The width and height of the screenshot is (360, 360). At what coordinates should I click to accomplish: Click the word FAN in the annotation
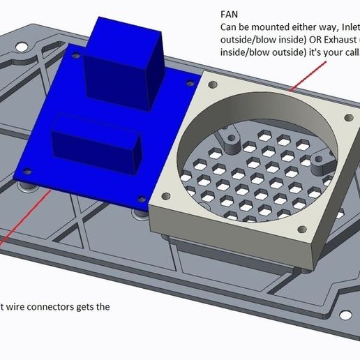[229, 13]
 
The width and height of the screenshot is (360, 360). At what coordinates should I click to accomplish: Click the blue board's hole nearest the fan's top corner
[190, 83]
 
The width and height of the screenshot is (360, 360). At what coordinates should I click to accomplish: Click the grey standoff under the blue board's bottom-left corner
[27, 186]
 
